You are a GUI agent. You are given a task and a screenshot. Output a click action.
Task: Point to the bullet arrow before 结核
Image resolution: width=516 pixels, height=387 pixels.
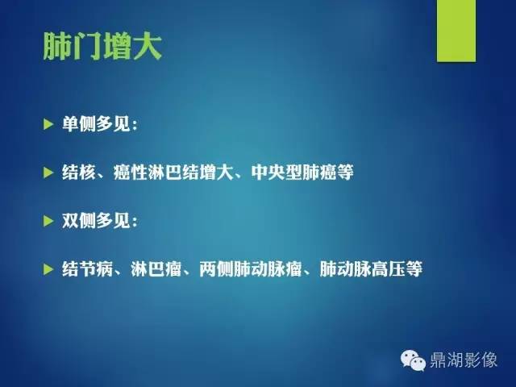[x=48, y=173]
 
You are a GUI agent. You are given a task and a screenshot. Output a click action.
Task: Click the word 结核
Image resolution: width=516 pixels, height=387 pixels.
[x=77, y=173]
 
